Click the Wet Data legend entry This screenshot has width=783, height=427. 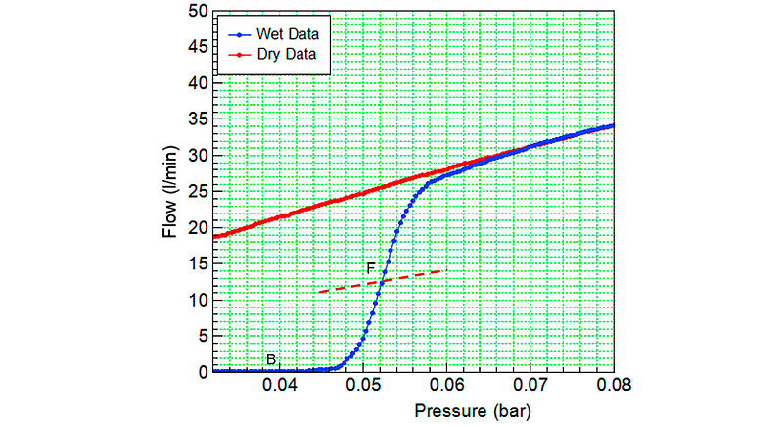[290, 34]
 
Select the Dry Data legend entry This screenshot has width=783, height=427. [290, 55]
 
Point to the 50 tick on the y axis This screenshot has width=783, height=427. [198, 12]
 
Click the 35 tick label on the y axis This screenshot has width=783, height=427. [198, 119]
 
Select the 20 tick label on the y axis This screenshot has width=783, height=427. [198, 228]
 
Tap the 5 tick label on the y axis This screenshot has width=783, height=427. [202, 336]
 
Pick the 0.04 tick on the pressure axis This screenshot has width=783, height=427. [279, 384]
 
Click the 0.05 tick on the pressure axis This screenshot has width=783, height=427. [363, 384]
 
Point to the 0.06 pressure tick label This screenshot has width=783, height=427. [447, 384]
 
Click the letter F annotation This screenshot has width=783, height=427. [371, 268]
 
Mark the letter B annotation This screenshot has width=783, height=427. [270, 359]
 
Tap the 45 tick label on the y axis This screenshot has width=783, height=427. [198, 48]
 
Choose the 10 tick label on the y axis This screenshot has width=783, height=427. [198, 300]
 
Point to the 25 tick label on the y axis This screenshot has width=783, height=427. [198, 192]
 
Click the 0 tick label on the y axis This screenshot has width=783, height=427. [202, 372]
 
